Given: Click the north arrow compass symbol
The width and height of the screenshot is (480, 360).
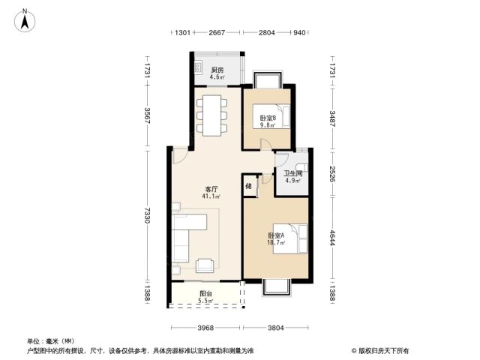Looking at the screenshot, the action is (25, 20).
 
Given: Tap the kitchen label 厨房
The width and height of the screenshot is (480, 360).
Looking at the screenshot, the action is (217, 70).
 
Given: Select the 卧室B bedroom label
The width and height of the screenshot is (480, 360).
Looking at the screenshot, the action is (268, 118).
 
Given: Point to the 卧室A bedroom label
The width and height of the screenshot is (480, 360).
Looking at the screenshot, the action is (276, 235).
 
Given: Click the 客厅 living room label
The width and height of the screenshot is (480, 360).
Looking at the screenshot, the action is (211, 189).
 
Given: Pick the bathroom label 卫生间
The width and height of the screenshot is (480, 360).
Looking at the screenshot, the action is (293, 173).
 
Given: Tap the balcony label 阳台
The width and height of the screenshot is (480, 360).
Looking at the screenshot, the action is (205, 293).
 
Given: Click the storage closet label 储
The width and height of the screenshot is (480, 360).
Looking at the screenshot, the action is (248, 186).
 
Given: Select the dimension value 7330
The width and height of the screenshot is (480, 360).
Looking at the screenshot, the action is (147, 215).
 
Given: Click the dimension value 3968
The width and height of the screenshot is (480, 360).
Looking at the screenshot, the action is (205, 328).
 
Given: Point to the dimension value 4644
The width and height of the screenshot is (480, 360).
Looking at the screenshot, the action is (332, 238).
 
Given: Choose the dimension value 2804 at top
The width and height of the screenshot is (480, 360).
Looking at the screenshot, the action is (267, 32).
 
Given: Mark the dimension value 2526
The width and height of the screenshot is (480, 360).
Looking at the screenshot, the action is (332, 173).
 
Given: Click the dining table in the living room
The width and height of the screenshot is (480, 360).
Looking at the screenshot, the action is (211, 115).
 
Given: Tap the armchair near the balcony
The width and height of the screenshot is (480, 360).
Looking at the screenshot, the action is (205, 265).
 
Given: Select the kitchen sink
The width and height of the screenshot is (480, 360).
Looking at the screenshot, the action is (198, 67).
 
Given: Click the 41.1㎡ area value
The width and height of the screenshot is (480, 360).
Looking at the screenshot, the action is (211, 196).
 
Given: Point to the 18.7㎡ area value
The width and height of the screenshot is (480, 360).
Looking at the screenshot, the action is (276, 242).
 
